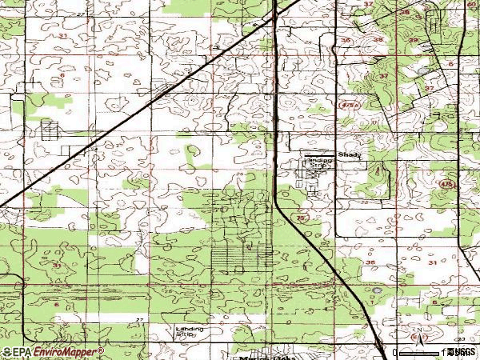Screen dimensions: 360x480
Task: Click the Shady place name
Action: coord(350,155)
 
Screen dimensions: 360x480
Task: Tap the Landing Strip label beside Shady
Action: coord(318,163)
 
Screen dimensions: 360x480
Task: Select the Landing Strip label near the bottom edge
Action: coord(190,332)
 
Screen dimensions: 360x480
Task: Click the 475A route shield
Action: coord(347,105)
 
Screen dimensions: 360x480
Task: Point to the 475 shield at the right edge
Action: coord(445,184)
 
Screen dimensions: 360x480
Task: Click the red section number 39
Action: coord(414,40)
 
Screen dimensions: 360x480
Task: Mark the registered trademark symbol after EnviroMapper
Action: coord(101,349)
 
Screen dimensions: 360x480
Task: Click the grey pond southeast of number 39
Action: coord(423,70)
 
